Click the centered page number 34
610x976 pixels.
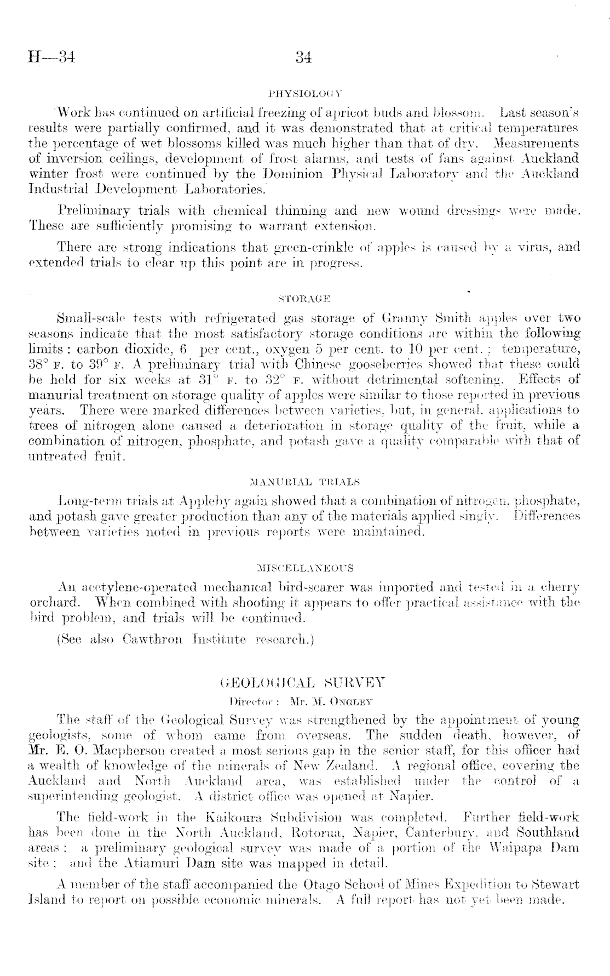pyautogui.click(x=303, y=57)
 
